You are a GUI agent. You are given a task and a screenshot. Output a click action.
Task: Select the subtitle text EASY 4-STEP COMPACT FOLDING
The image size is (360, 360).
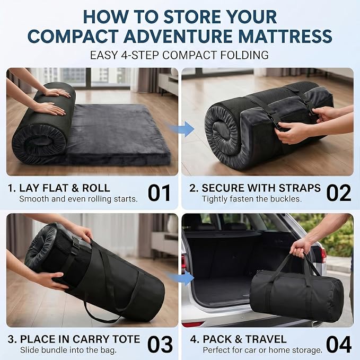(179, 55)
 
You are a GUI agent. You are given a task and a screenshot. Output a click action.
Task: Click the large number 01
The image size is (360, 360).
(159, 193)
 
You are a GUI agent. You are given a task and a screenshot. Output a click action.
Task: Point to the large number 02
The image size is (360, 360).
(339, 193)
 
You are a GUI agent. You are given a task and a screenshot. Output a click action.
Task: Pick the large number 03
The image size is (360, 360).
(160, 344)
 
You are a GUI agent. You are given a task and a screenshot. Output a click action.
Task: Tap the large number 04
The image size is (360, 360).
(339, 344)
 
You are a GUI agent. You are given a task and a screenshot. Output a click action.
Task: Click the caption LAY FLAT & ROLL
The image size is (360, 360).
(65, 188)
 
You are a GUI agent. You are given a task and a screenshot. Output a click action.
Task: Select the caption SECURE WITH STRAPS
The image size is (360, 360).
(261, 188)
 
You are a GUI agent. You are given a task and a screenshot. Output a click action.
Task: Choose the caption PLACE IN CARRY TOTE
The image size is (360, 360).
(80, 339)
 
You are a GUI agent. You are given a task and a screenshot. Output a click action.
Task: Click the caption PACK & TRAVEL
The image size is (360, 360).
(244, 339)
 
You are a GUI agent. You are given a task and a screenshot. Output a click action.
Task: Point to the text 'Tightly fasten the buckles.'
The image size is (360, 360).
(252, 199)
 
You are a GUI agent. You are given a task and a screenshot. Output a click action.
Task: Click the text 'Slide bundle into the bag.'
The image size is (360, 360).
(68, 350)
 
